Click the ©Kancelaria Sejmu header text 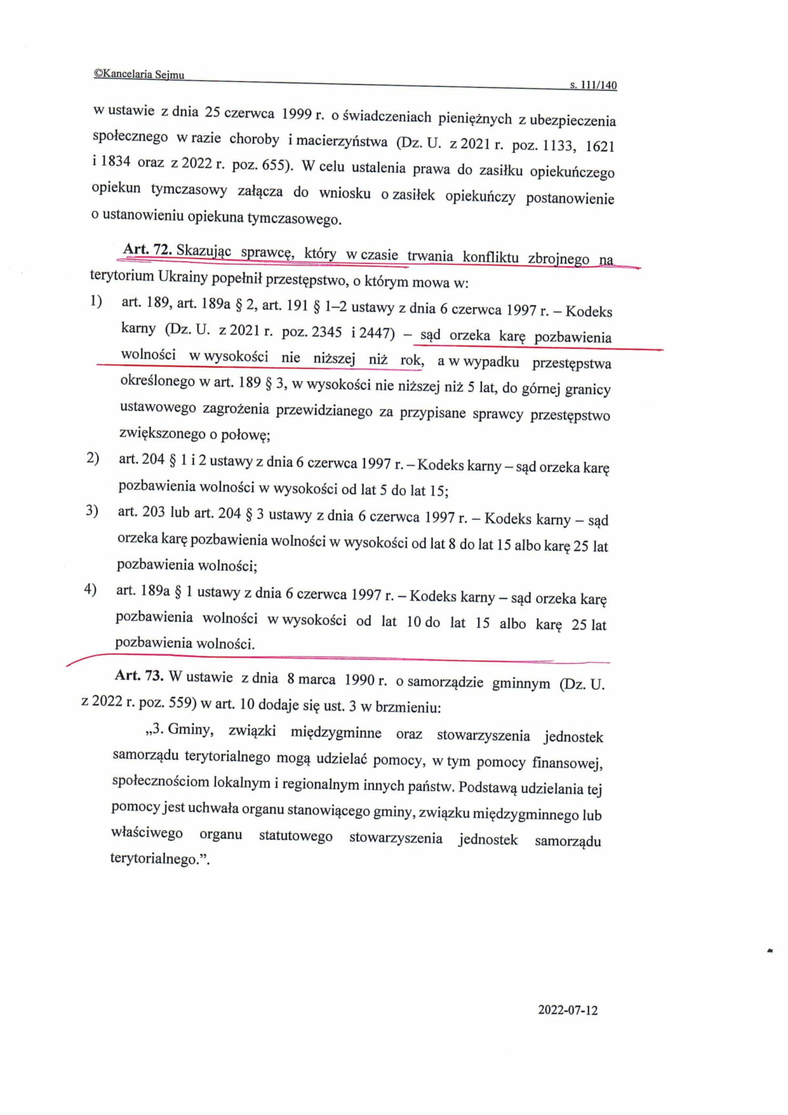click(x=139, y=75)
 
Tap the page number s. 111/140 click(x=593, y=85)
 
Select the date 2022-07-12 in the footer click(x=568, y=1011)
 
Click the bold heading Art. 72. click(x=148, y=250)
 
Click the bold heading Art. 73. click(x=139, y=675)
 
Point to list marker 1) click(x=97, y=302)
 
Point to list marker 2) click(x=93, y=458)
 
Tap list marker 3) click(x=92, y=511)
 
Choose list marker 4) click(x=91, y=589)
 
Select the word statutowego click(x=295, y=836)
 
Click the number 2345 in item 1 click(x=326, y=332)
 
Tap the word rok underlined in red click(x=412, y=360)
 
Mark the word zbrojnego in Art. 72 click(x=558, y=258)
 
